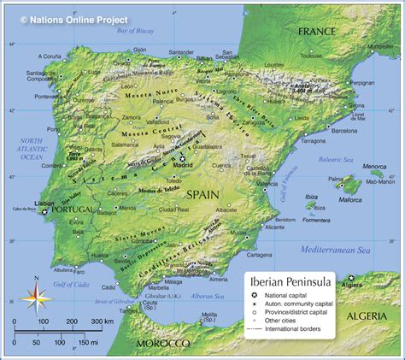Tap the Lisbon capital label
pyautogui.click(x=44, y=204)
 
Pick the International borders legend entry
pyautogui.click(x=298, y=328)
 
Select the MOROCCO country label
pyautogui.click(x=161, y=343)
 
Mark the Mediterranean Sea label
pyautogui.click(x=340, y=249)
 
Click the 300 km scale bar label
pyautogui.click(x=103, y=322)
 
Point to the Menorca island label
pyautogui.click(x=374, y=167)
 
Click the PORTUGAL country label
pyautogui.click(x=71, y=210)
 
